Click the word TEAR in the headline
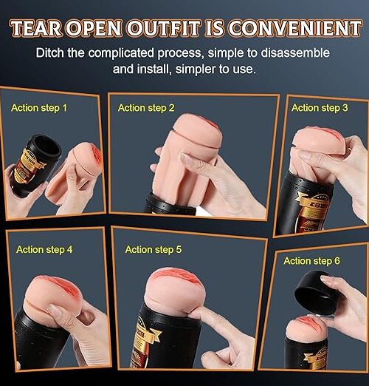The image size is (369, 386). (36, 28)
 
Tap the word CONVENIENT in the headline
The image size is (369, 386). (294, 28)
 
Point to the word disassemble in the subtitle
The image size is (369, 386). (295, 53)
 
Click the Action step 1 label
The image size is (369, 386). (39, 108)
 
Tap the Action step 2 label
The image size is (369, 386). (146, 108)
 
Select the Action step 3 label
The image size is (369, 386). (320, 108)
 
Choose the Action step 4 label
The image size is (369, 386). (44, 249)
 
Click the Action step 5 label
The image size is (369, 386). (154, 249)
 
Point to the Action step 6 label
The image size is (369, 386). (311, 261)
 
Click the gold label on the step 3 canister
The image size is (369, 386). (311, 212)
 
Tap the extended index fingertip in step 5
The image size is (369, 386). (194, 314)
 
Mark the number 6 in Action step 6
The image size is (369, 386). (337, 260)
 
